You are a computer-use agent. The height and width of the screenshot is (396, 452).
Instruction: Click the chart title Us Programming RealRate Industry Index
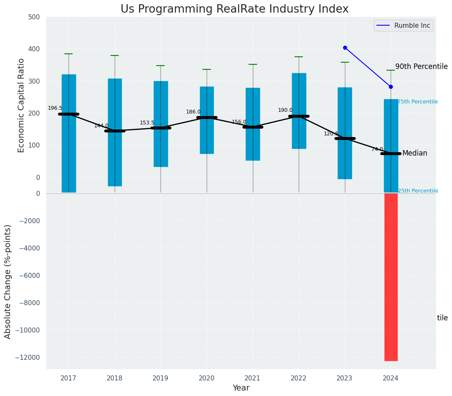[x=234, y=9]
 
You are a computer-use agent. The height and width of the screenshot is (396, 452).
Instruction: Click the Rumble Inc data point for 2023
[x=345, y=48]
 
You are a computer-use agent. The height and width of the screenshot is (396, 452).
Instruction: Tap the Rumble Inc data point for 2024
[x=391, y=87]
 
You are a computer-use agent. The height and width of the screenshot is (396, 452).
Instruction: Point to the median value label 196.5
[x=55, y=108]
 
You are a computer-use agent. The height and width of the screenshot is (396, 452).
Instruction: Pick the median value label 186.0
[x=193, y=112]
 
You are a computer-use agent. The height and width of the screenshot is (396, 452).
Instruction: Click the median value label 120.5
[x=331, y=134]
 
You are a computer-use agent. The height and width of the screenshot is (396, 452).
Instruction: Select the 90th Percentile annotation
[x=421, y=66]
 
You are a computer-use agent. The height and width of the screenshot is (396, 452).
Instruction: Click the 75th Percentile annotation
[x=418, y=102]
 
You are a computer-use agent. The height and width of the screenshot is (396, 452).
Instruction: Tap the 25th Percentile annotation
[x=418, y=191]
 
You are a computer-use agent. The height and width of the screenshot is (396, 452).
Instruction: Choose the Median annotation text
[x=415, y=153]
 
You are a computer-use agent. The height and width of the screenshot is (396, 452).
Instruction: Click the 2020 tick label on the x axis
[x=206, y=378]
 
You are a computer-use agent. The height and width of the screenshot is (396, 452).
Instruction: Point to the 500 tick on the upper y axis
[x=34, y=17]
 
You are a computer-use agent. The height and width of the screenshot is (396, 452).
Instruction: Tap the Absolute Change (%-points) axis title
[x=8, y=281]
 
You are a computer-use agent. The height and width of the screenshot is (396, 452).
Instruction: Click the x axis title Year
[x=241, y=388]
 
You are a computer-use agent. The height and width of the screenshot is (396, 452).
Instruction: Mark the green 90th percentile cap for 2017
[x=68, y=54]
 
